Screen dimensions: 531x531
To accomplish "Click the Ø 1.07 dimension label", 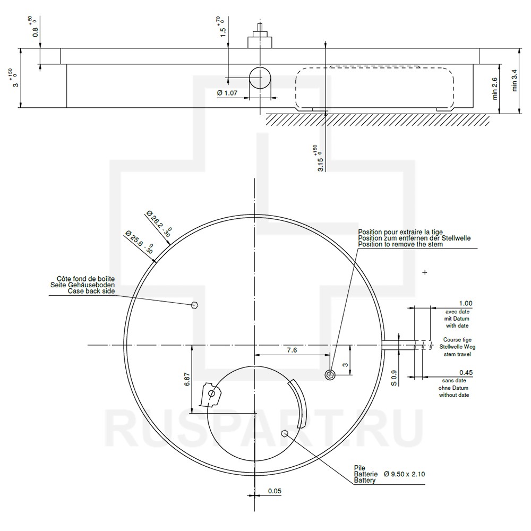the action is pos(227,93).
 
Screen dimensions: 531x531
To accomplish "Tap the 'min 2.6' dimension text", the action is pos(495,89).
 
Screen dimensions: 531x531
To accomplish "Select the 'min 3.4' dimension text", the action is pos(515,81).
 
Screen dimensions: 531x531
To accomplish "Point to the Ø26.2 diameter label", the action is pos(159,223).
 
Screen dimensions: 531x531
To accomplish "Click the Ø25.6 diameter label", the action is pos(139,241).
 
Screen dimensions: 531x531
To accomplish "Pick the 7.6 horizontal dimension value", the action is pos(292,350).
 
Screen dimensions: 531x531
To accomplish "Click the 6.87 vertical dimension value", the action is pos(187,379).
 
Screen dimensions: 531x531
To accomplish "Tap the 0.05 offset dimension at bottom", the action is pos(275,491).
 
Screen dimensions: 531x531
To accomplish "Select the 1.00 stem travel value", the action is pos(466,303).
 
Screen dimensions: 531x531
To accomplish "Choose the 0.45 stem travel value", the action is pos(466,373).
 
